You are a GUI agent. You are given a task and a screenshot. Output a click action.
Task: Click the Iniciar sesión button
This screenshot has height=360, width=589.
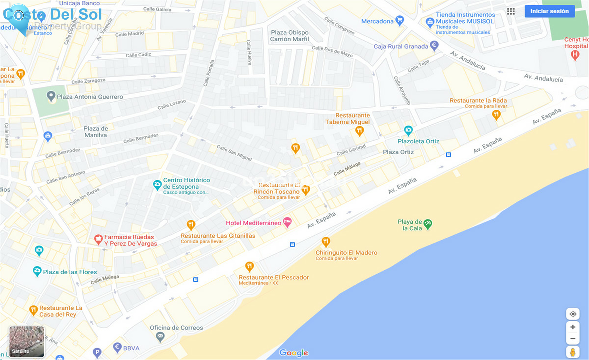tap(549, 11)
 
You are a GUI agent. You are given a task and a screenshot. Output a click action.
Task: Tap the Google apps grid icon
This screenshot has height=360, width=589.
tap(511, 11)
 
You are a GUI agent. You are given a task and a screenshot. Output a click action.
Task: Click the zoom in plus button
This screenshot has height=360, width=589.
tap(573, 327)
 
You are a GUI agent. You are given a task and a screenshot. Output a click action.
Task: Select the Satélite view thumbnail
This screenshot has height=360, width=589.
tap(27, 342)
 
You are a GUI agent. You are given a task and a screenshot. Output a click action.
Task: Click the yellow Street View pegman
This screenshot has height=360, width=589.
tap(573, 352)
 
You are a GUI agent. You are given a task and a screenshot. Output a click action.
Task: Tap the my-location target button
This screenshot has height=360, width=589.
tap(573, 314)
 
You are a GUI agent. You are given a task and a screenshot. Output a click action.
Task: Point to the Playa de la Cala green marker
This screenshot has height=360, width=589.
tap(428, 224)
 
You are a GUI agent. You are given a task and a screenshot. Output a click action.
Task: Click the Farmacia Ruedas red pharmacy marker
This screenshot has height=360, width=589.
tap(98, 240)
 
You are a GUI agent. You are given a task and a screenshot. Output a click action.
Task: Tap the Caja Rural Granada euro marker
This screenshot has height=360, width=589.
tap(434, 45)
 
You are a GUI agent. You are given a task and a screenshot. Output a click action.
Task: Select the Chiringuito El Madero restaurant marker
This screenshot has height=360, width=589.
tap(326, 242)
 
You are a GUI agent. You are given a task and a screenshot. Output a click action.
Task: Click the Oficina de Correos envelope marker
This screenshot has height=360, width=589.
tap(160, 336)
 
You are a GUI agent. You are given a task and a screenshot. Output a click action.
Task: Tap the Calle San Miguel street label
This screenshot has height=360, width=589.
tap(234, 153)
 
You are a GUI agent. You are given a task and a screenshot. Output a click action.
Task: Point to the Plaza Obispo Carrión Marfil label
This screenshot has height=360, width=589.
tap(290, 36)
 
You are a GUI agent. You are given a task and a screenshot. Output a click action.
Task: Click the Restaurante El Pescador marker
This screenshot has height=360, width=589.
tap(249, 266)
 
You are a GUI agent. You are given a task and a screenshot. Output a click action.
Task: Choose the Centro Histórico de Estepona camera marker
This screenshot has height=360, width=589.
tap(157, 185)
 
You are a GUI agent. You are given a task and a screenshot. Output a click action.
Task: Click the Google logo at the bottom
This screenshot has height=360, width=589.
tap(294, 352)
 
